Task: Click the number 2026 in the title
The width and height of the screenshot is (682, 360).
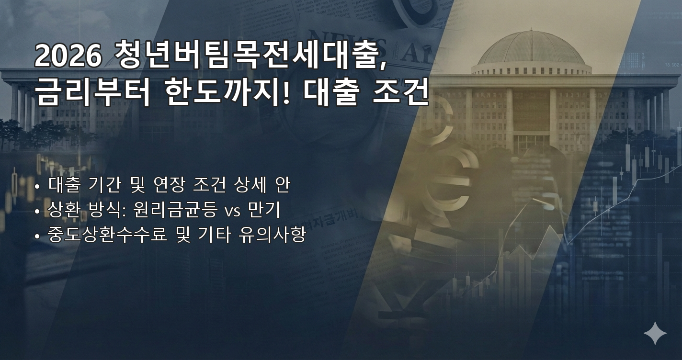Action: (x=68, y=56)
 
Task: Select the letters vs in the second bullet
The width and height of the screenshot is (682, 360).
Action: (x=233, y=211)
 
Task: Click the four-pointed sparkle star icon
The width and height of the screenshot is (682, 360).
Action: (x=655, y=333)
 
